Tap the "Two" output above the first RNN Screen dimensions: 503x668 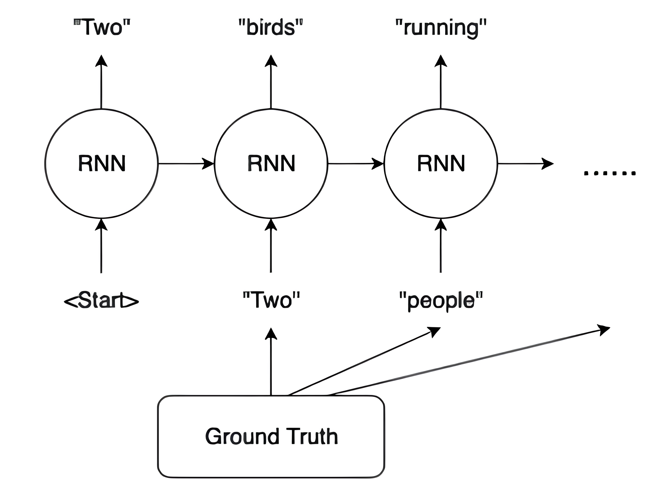coord(102,27)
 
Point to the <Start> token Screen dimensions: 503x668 coord(102,300)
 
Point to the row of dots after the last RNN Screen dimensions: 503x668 coord(610,173)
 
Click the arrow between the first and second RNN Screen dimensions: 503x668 coord(186,164)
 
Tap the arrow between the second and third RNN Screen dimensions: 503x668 coord(355,164)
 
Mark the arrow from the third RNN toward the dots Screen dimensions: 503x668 coord(525,164)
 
